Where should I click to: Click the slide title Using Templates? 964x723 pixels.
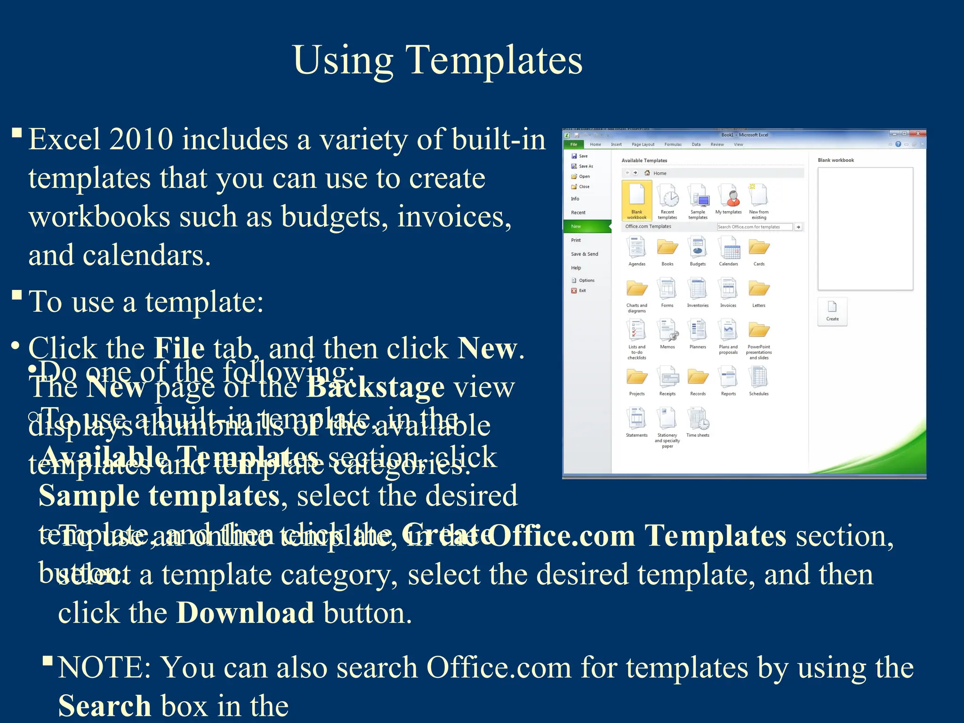[437, 60]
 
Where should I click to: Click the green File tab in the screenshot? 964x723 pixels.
[574, 145]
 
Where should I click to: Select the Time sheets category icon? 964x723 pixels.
[698, 422]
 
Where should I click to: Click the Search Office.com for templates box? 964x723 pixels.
[754, 227]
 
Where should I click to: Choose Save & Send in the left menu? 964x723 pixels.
[584, 254]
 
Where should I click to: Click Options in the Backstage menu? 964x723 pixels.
[586, 281]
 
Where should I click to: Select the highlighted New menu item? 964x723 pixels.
[576, 226]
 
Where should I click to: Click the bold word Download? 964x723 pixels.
[245, 613]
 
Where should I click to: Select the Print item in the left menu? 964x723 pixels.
[576, 240]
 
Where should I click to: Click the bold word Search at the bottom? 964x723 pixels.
[104, 706]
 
